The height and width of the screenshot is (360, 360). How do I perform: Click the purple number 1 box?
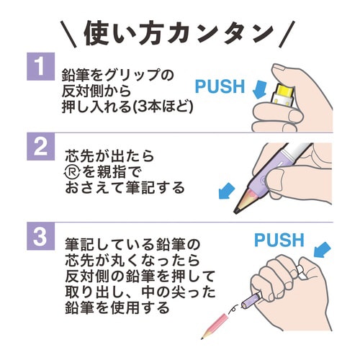[40, 71]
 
